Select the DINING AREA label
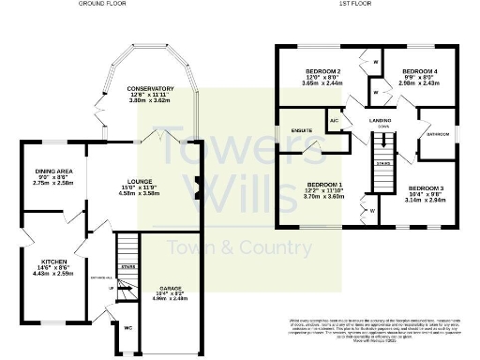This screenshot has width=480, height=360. coord(52,171)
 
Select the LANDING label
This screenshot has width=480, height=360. coord(380,121)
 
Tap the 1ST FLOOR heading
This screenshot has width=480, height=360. coord(352,5)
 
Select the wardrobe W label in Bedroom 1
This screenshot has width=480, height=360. coord(372,211)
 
